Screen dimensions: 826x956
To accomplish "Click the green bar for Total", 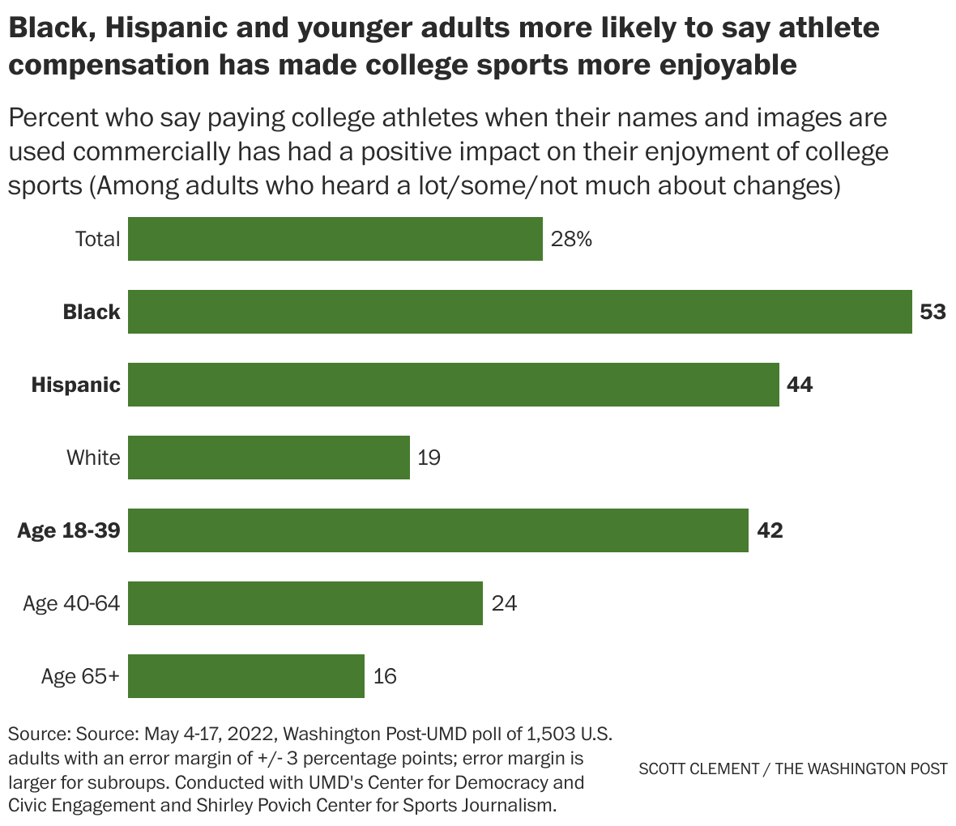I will [335, 239].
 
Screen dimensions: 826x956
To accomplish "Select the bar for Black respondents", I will [519, 312].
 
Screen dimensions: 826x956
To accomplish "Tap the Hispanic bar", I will [453, 385].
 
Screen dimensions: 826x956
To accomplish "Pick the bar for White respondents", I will [268, 458].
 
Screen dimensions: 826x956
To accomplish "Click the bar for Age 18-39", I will [437, 530].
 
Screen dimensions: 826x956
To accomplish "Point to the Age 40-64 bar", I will [305, 603].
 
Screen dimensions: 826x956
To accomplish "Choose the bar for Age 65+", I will [245, 676].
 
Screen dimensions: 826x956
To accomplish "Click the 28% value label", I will [572, 239].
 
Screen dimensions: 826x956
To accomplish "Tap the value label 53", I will [933, 312].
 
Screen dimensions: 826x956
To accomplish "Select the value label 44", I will [799, 385].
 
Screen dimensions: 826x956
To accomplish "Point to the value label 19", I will [429, 458].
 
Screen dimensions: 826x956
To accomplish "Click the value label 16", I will [385, 676].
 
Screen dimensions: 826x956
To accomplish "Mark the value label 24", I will [504, 603].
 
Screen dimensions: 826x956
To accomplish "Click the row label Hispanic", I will [75, 385].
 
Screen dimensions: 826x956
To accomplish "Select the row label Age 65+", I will [80, 676].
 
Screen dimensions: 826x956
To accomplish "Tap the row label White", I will [93, 458].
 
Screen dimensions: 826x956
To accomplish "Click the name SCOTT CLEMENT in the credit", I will [698, 769].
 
